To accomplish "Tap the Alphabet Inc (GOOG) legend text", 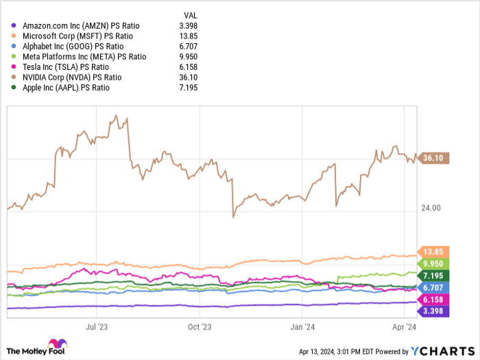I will pos(58,46).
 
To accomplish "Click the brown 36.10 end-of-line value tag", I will pos(434,158).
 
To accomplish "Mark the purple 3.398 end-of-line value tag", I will pos(434,312).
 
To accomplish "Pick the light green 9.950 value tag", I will pos(434,263).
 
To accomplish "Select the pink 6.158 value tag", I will pos(434,300).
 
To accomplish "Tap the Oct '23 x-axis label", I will pos(200,327).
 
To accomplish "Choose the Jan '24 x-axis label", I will pos(302,327).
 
